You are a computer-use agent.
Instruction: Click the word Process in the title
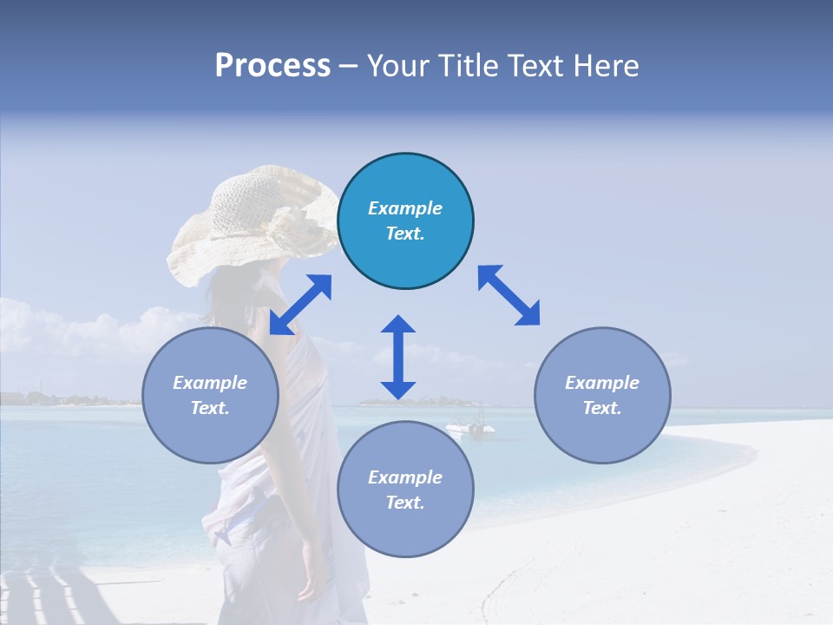pos(272,66)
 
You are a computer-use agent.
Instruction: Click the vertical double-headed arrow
pos(398,357)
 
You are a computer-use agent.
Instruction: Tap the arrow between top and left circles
pos(300,305)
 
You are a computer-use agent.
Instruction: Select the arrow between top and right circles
pos(508,295)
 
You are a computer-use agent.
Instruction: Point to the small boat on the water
pos(470,427)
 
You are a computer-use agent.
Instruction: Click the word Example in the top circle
pos(405,208)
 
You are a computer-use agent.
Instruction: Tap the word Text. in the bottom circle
pos(405,503)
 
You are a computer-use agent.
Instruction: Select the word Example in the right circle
pos(602,383)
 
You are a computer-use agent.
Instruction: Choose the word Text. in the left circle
pos(210,408)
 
